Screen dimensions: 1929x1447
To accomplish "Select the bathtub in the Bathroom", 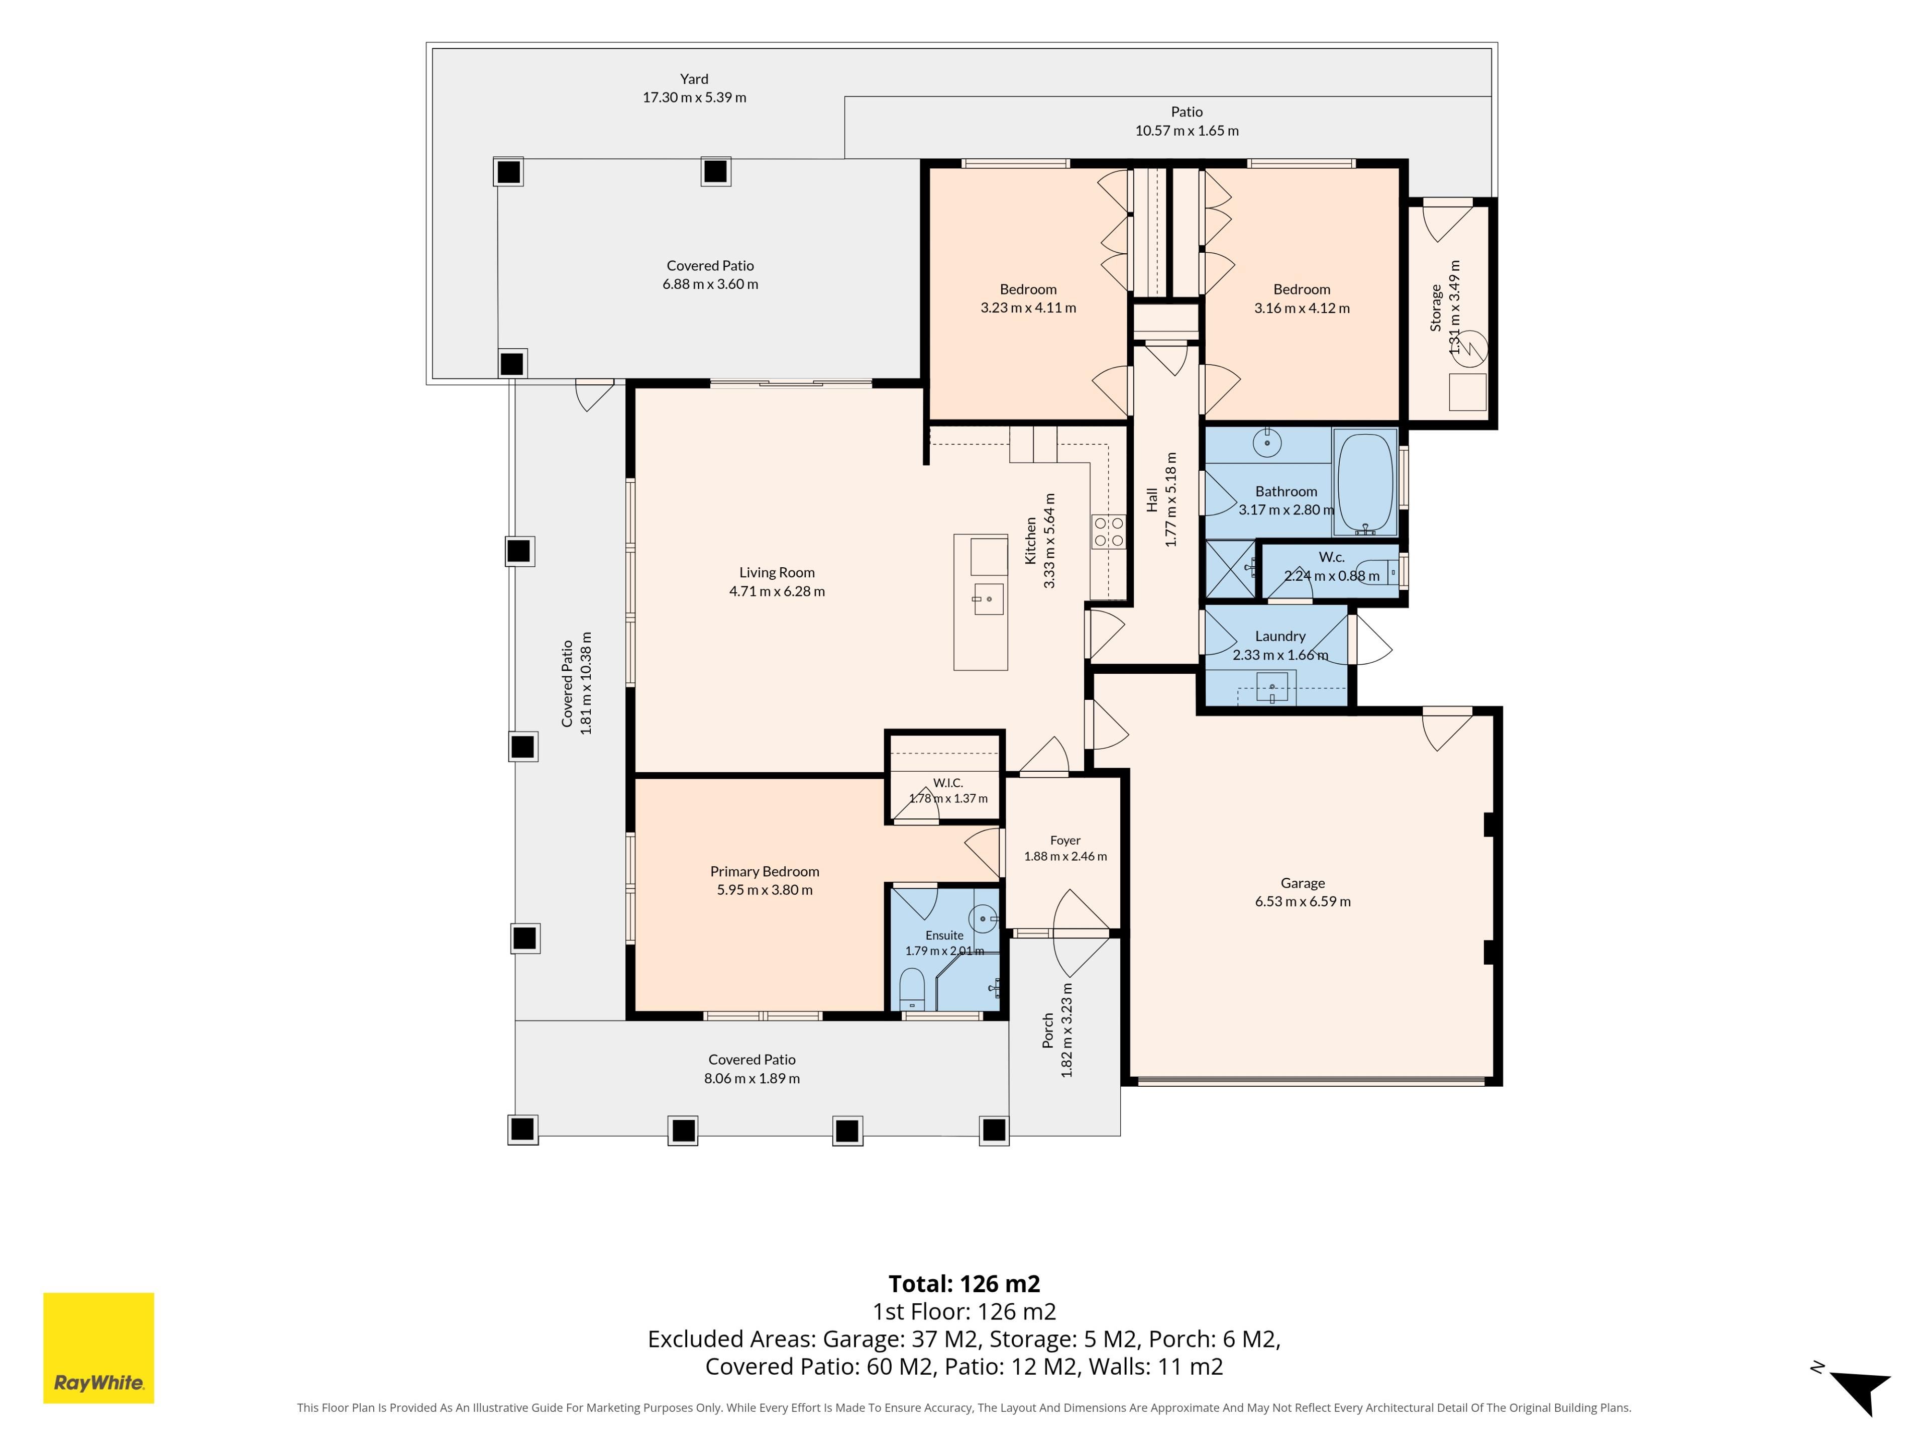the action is tap(1365, 482).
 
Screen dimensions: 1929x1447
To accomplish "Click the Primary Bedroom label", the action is tap(765, 871).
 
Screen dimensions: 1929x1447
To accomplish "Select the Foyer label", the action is tap(1065, 840).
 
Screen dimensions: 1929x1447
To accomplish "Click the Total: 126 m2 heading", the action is tap(964, 1284).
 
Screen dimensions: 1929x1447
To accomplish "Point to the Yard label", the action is tap(694, 78).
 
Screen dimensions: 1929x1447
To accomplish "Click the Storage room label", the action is tap(1435, 308).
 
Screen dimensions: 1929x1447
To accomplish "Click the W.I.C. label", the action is tap(948, 782).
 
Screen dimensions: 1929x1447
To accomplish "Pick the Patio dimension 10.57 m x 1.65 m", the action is tap(1187, 131).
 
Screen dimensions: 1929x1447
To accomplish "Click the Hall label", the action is tap(1152, 500).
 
